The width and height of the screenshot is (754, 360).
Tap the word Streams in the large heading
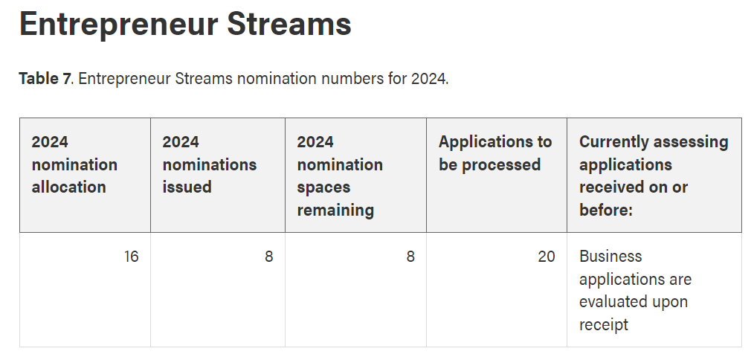point(289,23)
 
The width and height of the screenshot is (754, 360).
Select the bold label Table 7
point(45,78)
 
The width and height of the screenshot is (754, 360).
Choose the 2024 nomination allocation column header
point(74,164)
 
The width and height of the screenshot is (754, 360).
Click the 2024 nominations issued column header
point(209,164)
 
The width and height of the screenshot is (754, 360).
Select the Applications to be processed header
point(494,153)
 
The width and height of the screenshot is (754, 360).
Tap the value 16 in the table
point(131,257)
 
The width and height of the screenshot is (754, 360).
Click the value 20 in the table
point(547,257)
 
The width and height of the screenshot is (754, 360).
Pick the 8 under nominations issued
point(268,257)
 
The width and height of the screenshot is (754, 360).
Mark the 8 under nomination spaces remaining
point(410,257)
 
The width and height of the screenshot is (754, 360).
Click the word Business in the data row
point(610,256)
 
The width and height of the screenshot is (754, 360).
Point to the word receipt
point(604,325)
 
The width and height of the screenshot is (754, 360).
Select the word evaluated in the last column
point(609,302)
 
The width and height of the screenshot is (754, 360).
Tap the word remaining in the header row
point(335,210)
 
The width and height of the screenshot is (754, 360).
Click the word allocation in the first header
point(68,187)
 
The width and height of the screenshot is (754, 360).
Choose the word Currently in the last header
point(608,142)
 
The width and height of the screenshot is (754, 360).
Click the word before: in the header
point(605,210)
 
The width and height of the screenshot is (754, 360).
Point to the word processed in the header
point(501,165)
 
